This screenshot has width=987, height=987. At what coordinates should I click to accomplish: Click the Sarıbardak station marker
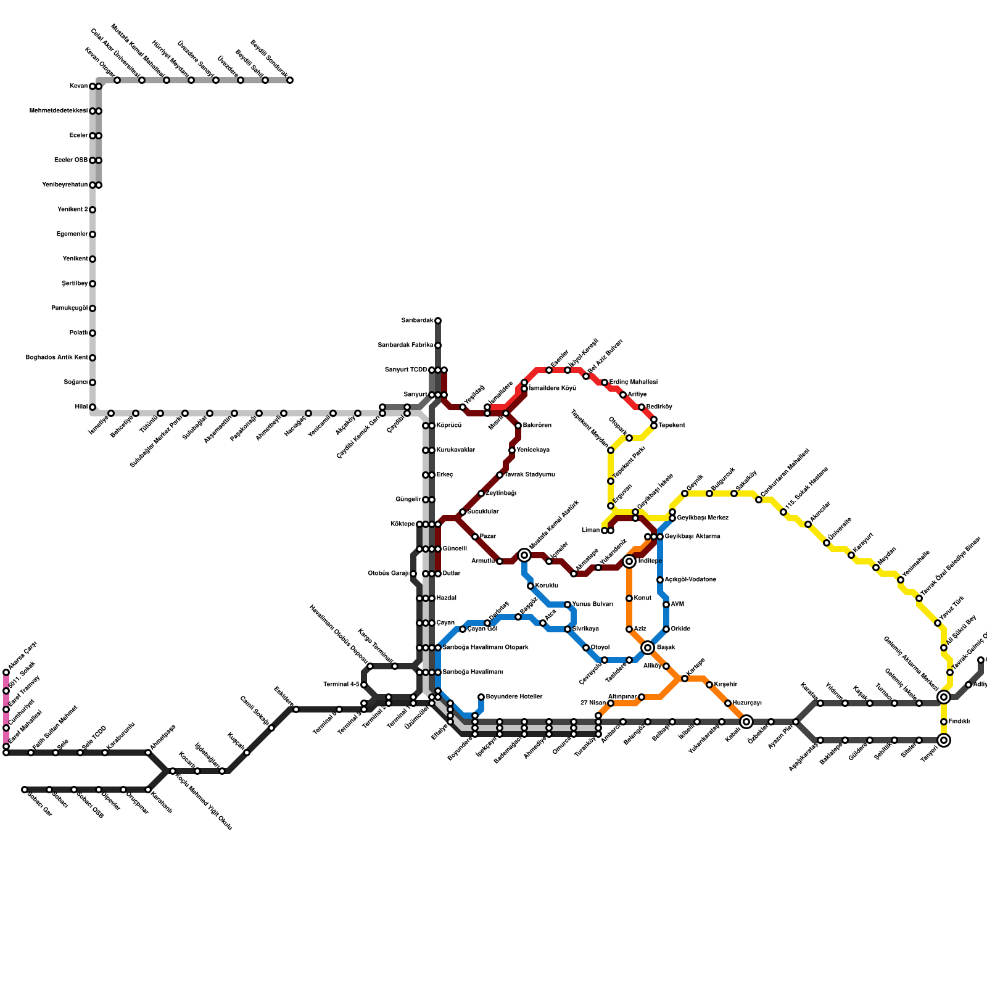[x=438, y=321]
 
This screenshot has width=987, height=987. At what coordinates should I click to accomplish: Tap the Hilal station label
[x=81, y=407]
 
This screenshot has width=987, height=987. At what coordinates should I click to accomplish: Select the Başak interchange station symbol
[x=648, y=648]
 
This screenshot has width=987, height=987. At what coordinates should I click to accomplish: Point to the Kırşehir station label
[x=725, y=685]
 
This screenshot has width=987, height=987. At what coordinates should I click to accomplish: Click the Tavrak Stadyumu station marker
[x=500, y=475]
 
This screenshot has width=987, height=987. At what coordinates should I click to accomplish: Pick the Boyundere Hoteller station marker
[x=481, y=697]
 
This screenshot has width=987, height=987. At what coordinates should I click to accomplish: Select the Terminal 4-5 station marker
[x=364, y=685]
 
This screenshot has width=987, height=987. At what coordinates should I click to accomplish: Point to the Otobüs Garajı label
[x=388, y=574]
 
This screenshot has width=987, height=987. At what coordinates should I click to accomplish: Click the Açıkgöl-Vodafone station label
[x=690, y=580]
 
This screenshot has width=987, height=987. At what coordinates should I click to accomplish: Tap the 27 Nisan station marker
[x=611, y=703]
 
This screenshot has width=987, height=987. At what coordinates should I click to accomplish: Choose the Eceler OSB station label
[x=71, y=160]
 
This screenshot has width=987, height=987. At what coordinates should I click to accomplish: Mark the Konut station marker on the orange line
[x=629, y=598]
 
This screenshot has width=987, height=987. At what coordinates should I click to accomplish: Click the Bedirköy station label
[x=659, y=407]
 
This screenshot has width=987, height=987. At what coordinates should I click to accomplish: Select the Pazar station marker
[x=475, y=537]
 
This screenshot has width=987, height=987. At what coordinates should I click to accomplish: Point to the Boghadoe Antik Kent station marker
[x=93, y=358]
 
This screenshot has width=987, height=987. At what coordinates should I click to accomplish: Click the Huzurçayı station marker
[x=728, y=703]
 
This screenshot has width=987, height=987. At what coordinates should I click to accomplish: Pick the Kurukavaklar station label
[x=456, y=450]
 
